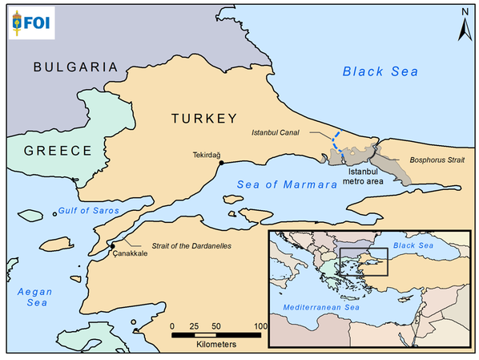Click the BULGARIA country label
(75, 67)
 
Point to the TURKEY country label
(203, 118)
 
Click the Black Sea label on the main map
(380, 71)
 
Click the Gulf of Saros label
(88, 212)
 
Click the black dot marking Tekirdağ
(220, 163)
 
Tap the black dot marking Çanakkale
(113, 245)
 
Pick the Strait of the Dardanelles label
(180, 245)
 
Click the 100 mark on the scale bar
(260, 326)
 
